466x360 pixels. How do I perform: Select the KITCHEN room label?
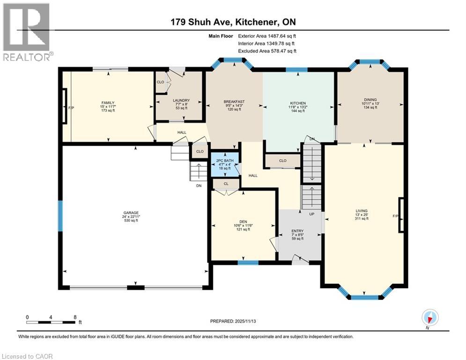tap(298, 103)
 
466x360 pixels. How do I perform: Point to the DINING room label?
tap(370, 99)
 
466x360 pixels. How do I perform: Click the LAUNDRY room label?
tap(181, 100)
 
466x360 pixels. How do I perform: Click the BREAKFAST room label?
tap(234, 102)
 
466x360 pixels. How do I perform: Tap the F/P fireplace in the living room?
tap(401, 215)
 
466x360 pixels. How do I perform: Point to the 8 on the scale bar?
tap(75, 316)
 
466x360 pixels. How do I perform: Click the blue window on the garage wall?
tap(60, 216)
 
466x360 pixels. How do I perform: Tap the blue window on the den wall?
tap(248, 262)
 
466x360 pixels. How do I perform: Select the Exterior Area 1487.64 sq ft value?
tap(267, 36)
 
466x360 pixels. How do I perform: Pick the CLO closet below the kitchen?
tap(282, 160)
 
